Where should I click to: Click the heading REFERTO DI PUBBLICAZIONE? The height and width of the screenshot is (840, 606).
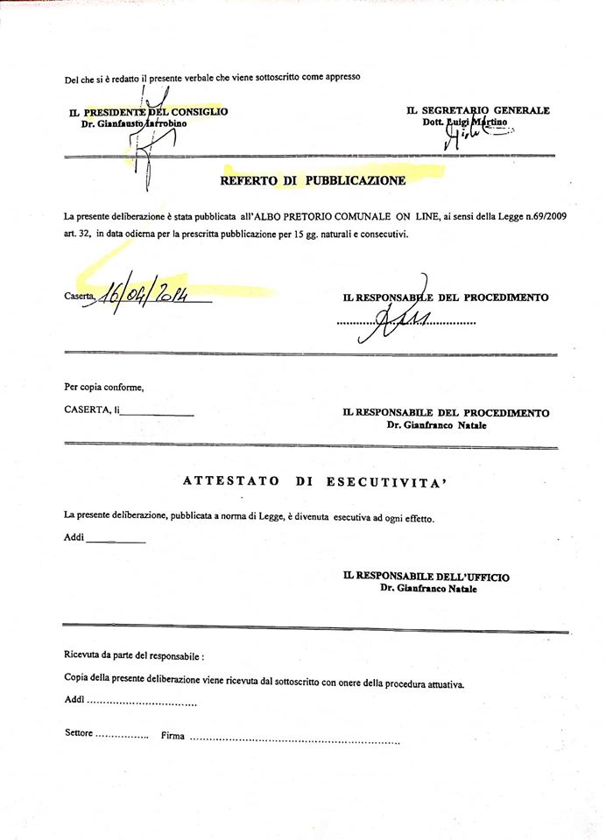[x=313, y=181]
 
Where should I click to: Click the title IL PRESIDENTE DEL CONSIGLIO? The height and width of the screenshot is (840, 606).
[x=149, y=111]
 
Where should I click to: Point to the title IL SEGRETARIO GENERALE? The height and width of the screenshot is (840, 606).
[x=478, y=110]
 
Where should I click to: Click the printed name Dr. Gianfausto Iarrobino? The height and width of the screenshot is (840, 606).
[x=134, y=123]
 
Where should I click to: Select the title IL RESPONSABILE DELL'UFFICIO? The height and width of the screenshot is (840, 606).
[x=426, y=577]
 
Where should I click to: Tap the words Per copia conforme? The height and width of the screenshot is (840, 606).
[x=103, y=386]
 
